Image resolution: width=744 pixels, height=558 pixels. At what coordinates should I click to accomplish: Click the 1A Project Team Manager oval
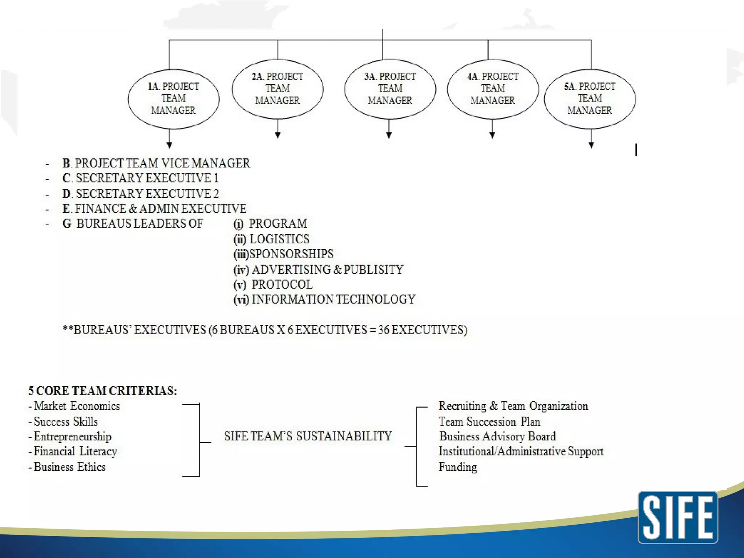[x=174, y=99]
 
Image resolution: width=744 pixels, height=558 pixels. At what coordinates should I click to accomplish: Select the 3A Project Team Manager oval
[x=390, y=89]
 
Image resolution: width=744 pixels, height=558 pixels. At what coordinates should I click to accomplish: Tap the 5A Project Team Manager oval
[x=590, y=99]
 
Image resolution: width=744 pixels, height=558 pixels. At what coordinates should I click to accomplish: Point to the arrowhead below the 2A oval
[x=278, y=135]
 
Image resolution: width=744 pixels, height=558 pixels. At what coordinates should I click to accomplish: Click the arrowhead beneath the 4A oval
[x=492, y=135]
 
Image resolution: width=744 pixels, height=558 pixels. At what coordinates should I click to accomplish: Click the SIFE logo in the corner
[x=678, y=517]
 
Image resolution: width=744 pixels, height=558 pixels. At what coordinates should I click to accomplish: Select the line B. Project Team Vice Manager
[x=156, y=163]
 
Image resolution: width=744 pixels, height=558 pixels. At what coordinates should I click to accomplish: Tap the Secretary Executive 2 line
[x=141, y=194]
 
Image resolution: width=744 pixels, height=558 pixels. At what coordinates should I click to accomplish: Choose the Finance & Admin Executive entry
[x=154, y=209]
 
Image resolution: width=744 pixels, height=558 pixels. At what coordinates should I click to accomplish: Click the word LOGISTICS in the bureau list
[x=279, y=239]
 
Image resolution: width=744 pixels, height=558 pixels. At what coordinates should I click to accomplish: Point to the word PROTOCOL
[x=282, y=284]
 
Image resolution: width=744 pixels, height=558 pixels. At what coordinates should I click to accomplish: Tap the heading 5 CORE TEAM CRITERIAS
[x=103, y=391]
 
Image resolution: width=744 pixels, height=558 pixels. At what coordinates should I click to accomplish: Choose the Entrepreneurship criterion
[x=72, y=436]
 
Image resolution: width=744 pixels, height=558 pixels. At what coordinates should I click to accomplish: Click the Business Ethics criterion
[x=69, y=467]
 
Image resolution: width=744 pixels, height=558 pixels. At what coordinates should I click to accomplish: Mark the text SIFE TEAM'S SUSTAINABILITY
[x=308, y=436]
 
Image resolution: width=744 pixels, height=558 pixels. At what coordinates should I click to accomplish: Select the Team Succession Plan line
[x=489, y=421]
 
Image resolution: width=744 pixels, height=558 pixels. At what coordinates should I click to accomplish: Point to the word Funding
[x=458, y=467]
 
